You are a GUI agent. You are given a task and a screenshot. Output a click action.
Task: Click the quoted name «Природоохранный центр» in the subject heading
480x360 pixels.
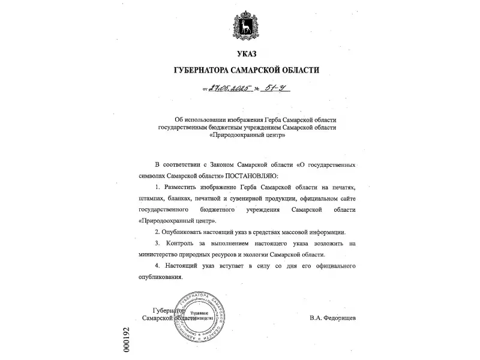tap(247, 136)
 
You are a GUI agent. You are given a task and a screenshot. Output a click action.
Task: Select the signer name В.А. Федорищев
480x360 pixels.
tap(332, 317)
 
